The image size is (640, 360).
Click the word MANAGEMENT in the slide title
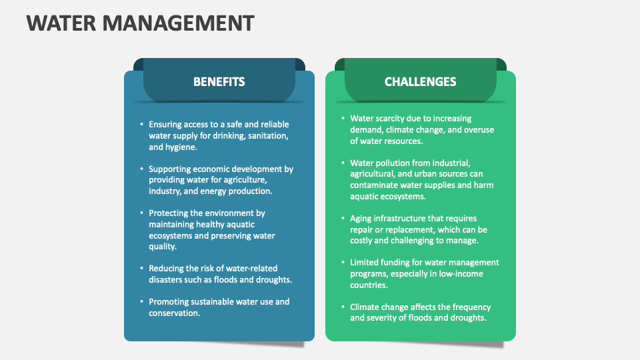coord(179,23)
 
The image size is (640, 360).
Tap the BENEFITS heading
coord(219,82)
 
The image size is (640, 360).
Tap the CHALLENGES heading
coord(420,82)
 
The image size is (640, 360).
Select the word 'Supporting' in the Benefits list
coord(170,169)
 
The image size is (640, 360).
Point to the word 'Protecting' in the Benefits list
coord(169,213)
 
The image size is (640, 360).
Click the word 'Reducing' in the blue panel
coord(167,269)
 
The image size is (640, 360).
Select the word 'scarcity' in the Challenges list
coord(393,119)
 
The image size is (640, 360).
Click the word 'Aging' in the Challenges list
coord(361,218)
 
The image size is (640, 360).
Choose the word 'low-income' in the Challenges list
coord(461,274)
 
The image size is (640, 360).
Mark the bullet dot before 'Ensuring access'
coord(141,125)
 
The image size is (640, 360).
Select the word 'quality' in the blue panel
coord(161,247)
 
